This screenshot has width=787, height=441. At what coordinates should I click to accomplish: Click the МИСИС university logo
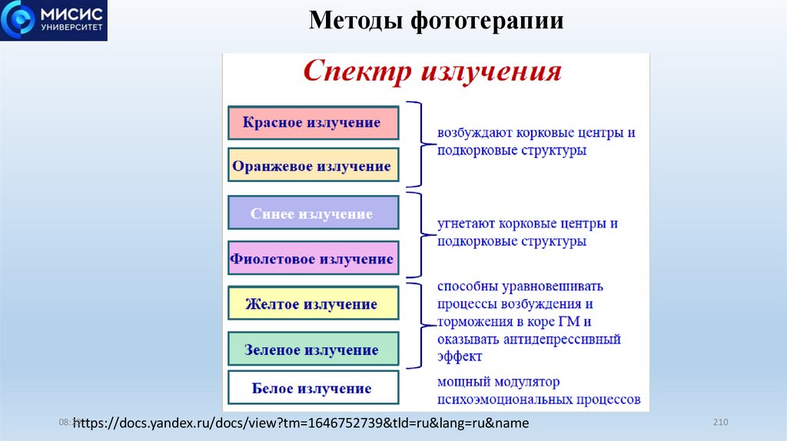[x=54, y=20]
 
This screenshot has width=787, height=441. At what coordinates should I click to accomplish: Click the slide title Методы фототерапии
[x=436, y=20]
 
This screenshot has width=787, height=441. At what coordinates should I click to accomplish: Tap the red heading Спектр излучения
[x=432, y=72]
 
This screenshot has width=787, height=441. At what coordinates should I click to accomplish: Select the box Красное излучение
[x=314, y=123]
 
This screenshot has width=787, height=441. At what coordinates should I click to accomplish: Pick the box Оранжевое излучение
[x=314, y=166]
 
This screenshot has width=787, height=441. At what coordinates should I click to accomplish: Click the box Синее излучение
[x=314, y=214]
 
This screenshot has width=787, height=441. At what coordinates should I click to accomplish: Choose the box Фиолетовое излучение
[x=314, y=260]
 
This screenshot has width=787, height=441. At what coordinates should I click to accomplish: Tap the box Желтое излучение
[x=314, y=304]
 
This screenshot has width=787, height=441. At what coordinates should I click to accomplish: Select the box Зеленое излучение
[x=314, y=350]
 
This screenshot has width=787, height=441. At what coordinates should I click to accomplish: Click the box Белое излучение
[x=314, y=389]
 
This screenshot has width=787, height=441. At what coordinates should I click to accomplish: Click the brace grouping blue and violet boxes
[x=417, y=234]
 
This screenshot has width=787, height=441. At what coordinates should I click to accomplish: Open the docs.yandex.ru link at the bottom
[x=301, y=423]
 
